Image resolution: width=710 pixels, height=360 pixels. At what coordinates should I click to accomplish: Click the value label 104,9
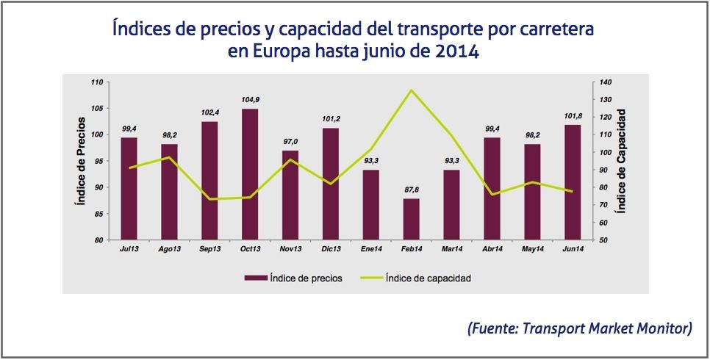[250, 100]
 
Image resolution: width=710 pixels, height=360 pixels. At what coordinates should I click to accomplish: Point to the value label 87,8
[411, 190]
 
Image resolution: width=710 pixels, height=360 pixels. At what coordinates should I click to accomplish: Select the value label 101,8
[572, 116]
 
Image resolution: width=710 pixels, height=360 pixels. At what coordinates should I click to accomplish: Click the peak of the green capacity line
[411, 90]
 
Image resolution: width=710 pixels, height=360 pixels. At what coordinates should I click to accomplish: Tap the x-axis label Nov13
[290, 250]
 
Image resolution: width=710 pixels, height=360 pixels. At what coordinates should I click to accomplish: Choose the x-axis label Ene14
[371, 250]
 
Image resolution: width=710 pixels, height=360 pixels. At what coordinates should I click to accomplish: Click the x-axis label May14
[532, 250]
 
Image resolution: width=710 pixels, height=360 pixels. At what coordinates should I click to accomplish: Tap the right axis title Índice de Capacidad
[621, 162]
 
